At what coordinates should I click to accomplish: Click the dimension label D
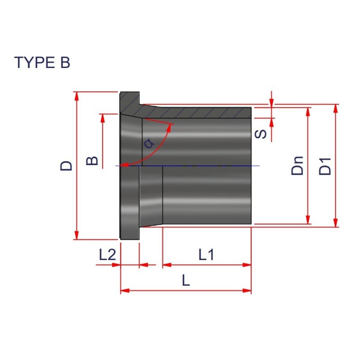(x=66, y=165)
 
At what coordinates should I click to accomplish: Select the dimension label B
(x=92, y=160)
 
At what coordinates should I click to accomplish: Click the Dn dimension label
(x=297, y=166)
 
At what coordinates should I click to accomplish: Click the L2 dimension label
(x=108, y=255)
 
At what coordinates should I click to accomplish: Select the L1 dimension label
(x=206, y=255)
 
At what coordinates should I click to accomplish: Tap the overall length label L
(x=186, y=281)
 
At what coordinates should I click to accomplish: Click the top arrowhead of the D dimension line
(x=77, y=96)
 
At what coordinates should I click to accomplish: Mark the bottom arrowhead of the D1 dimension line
(x=336, y=223)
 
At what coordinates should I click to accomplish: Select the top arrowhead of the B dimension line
(x=103, y=118)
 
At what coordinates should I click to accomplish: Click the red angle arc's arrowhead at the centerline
(x=126, y=165)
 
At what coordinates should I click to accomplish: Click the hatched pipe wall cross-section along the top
(x=202, y=112)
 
